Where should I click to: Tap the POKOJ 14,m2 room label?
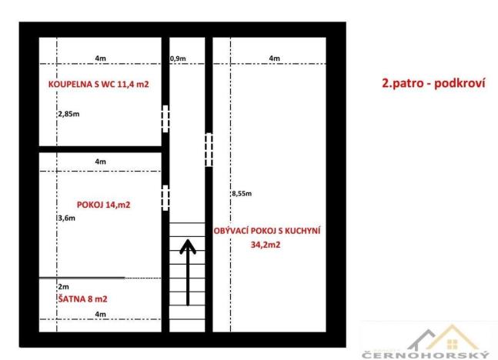[103, 205]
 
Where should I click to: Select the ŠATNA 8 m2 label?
[82, 298]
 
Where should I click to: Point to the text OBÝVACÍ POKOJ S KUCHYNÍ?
[267, 229]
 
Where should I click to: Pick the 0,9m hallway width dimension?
[177, 58]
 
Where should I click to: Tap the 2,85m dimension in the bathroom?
[69, 114]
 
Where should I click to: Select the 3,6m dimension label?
[66, 218]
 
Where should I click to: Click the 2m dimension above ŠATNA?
[63, 286]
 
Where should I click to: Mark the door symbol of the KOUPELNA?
[165, 118]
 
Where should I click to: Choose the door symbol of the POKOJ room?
[165, 198]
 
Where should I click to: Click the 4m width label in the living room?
[275, 58]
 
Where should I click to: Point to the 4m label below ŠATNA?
[100, 315]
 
